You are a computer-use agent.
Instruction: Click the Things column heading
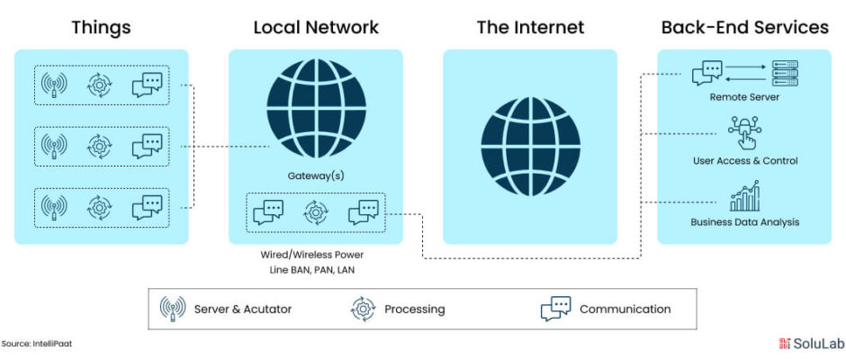click(x=102, y=27)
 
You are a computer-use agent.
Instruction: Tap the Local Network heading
click(x=316, y=27)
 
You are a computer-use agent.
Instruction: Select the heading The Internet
click(x=530, y=27)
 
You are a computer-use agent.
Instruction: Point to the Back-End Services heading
click(x=744, y=27)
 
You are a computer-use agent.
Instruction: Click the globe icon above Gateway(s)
click(x=316, y=109)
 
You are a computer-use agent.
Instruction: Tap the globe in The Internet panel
click(x=530, y=147)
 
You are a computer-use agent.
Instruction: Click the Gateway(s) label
click(x=316, y=175)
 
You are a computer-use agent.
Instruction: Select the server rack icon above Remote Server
click(x=785, y=74)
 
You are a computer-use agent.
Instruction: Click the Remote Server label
click(x=744, y=98)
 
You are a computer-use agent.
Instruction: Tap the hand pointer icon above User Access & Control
click(x=744, y=132)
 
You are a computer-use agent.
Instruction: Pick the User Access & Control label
click(x=745, y=161)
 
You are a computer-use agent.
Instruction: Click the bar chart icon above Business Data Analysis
click(x=744, y=196)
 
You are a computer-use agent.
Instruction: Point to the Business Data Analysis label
click(x=745, y=221)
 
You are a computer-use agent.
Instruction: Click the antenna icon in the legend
click(x=173, y=310)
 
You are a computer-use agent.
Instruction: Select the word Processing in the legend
click(x=415, y=310)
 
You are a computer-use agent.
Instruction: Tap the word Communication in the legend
click(x=625, y=310)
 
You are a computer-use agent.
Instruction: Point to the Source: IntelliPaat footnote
click(x=37, y=343)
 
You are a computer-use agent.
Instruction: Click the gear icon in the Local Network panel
click(x=316, y=212)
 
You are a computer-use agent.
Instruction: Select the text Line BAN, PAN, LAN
click(x=312, y=270)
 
